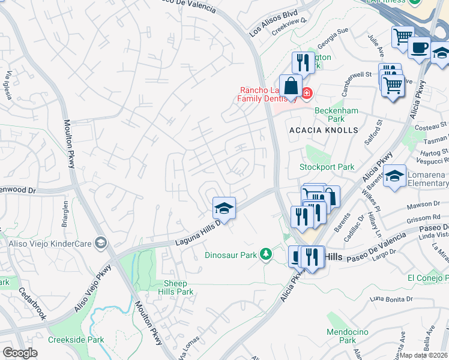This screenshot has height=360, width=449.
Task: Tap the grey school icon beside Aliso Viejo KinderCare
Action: (101, 243)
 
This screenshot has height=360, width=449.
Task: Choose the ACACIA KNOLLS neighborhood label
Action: (324, 130)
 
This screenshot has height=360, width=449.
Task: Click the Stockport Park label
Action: (327, 167)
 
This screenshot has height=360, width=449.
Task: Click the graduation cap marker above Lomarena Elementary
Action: (394, 176)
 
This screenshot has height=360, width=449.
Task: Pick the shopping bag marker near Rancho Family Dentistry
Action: (291, 86)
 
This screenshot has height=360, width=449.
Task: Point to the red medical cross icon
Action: (307, 93)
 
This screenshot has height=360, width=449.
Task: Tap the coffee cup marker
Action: (419, 47)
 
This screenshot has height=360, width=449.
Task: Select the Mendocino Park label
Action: (342, 336)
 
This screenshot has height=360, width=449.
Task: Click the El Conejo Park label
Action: (427, 278)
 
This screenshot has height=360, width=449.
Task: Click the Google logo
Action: (20, 353)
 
